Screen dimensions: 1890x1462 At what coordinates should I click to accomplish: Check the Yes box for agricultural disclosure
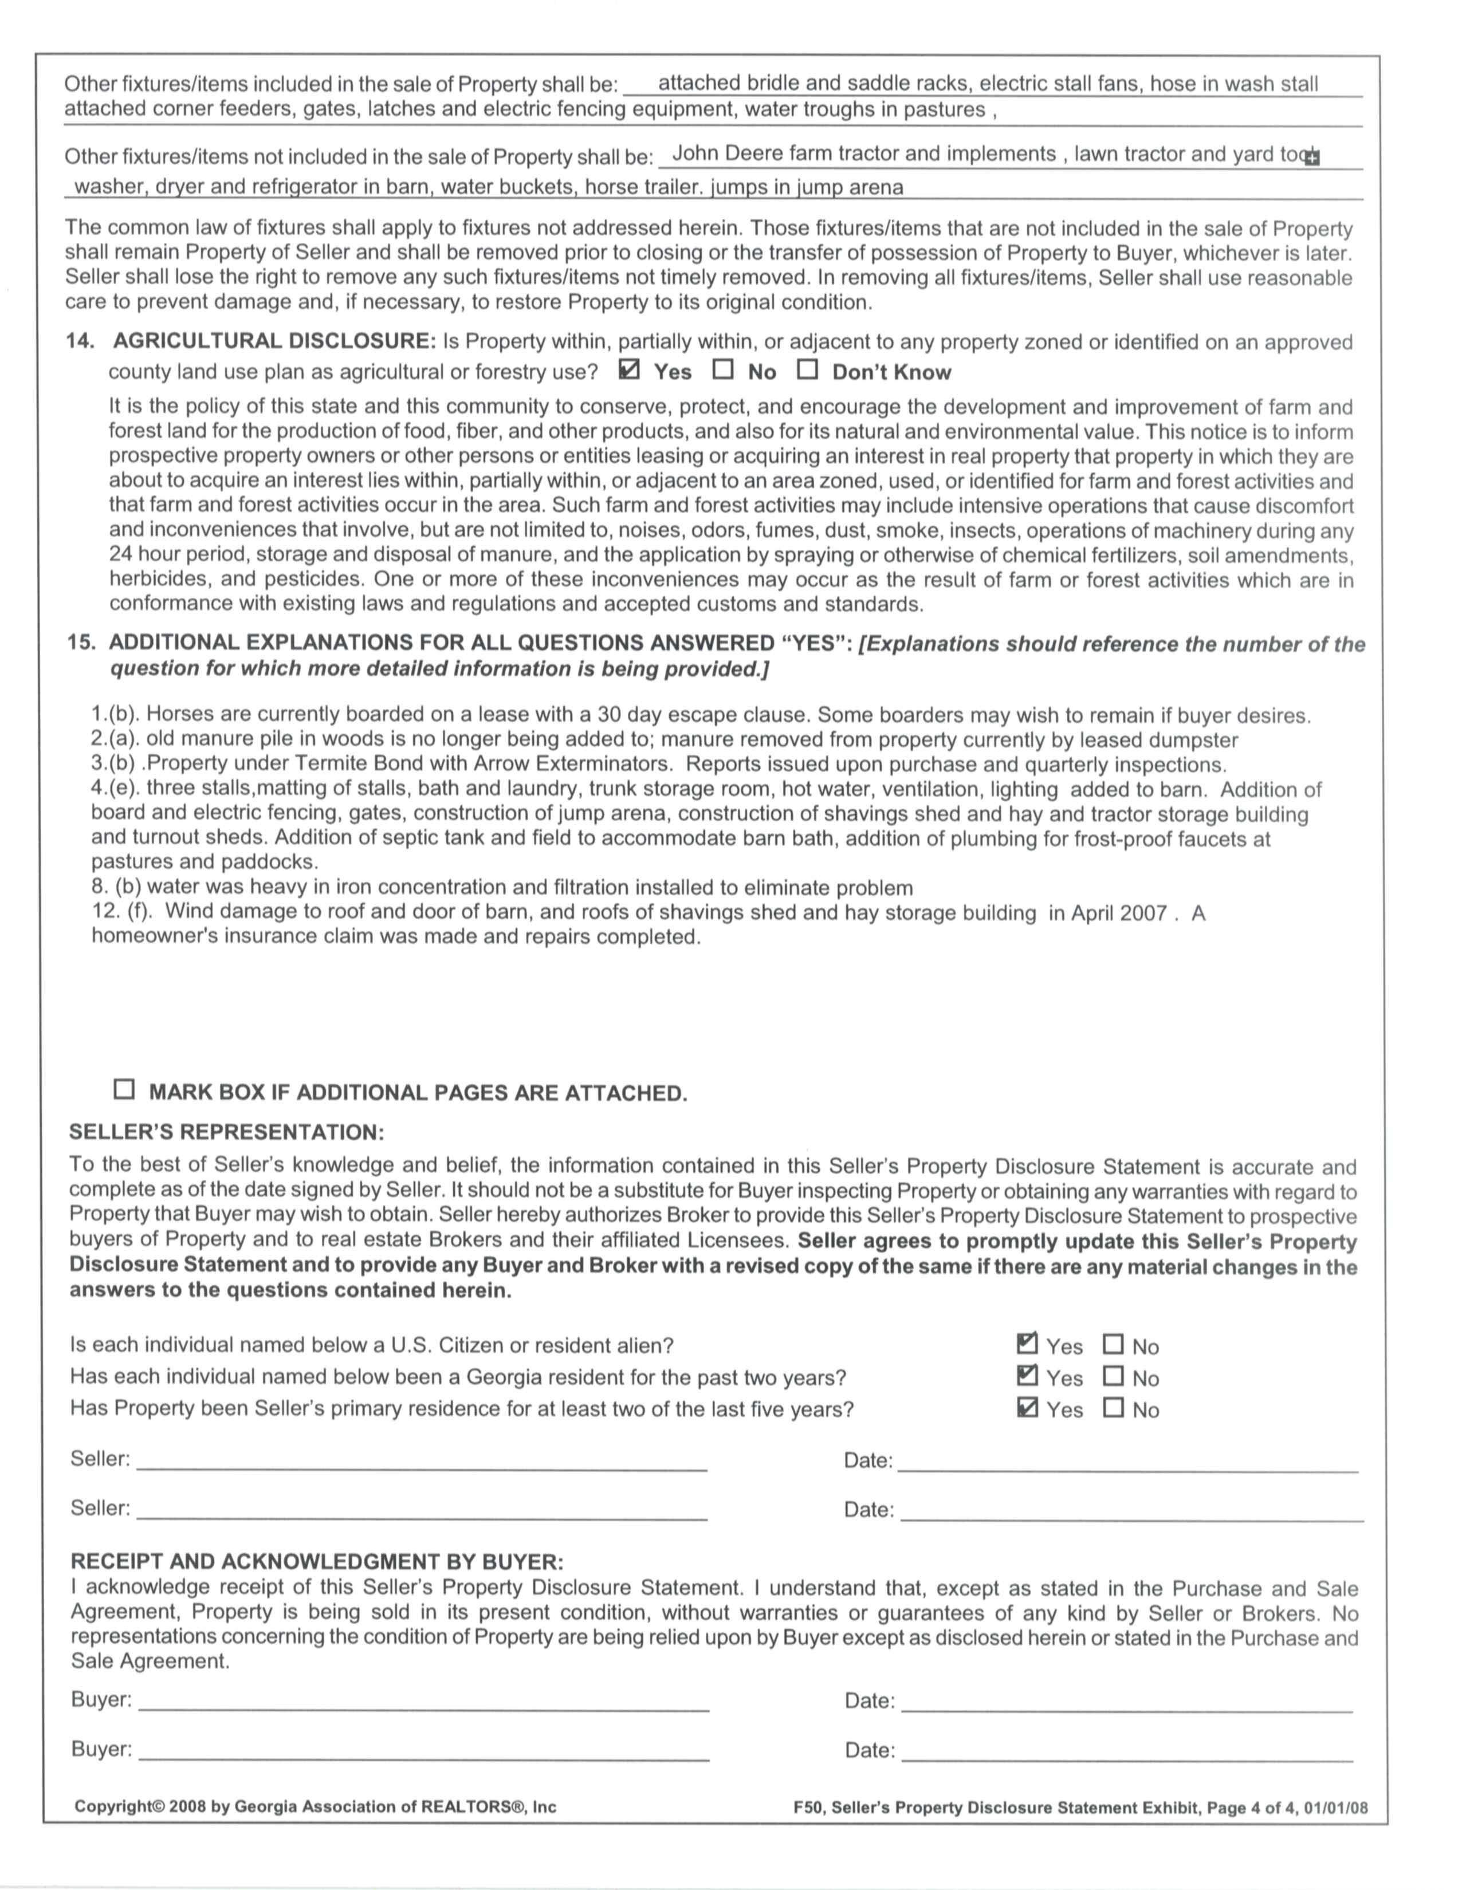click(630, 371)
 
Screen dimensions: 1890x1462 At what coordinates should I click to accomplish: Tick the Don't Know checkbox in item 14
click(808, 371)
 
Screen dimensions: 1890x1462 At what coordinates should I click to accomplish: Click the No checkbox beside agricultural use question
click(723, 371)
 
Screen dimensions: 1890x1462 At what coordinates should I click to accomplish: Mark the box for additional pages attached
click(125, 1089)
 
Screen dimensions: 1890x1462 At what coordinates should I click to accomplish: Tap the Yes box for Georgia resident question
click(1028, 1376)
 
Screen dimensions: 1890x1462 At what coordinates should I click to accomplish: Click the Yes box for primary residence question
click(1028, 1408)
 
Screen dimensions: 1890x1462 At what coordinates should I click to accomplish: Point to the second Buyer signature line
click(423, 1755)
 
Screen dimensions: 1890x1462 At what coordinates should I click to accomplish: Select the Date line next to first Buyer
click(1126, 1706)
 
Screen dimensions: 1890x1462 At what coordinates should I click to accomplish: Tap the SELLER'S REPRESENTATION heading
click(227, 1133)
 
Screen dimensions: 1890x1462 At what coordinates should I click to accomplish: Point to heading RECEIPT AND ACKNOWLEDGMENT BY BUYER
click(317, 1562)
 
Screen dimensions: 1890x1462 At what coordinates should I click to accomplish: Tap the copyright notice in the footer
click(315, 1807)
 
